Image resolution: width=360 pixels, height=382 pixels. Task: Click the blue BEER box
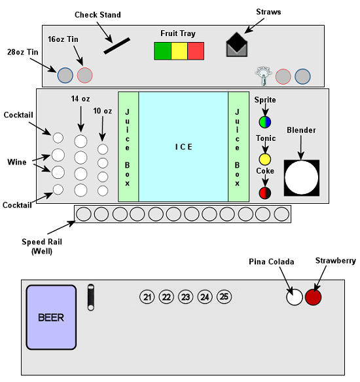(x=51, y=317)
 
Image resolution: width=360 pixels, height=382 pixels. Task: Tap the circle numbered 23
(x=185, y=297)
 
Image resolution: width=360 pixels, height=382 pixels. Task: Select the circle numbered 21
(x=147, y=297)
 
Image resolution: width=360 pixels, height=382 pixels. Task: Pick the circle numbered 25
(x=224, y=297)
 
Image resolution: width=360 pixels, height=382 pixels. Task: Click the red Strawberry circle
(x=314, y=297)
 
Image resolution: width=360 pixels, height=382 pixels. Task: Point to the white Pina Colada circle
(x=295, y=297)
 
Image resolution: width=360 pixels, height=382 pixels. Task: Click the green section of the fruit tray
(x=163, y=51)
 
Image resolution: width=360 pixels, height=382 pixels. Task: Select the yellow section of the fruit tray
(x=179, y=51)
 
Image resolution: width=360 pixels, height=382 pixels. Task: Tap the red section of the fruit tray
(x=196, y=51)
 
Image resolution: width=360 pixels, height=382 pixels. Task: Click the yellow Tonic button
(x=264, y=160)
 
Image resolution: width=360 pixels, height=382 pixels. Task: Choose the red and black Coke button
(x=265, y=193)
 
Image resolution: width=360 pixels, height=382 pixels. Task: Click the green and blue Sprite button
(x=265, y=122)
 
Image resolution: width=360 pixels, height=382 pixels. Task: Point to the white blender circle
(x=302, y=178)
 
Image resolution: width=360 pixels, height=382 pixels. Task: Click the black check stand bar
(x=117, y=46)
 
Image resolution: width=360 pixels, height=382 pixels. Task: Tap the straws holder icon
(x=236, y=45)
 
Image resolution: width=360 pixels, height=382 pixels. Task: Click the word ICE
(x=184, y=147)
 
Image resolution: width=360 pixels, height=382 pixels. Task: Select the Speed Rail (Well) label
(x=42, y=246)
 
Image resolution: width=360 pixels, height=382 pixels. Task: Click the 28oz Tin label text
(x=23, y=52)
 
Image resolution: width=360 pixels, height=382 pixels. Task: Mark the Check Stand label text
(x=98, y=15)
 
